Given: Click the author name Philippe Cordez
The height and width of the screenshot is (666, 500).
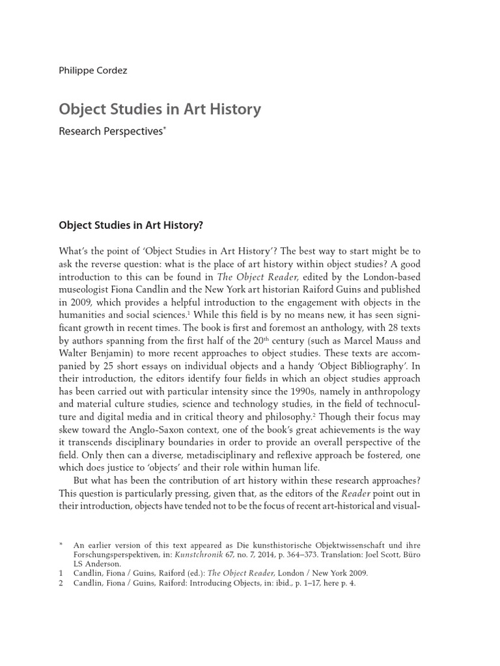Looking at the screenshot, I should (x=92, y=70).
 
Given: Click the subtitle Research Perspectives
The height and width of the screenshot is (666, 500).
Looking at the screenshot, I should (x=111, y=131).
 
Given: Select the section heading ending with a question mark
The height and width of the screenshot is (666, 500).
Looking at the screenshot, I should (x=131, y=225).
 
